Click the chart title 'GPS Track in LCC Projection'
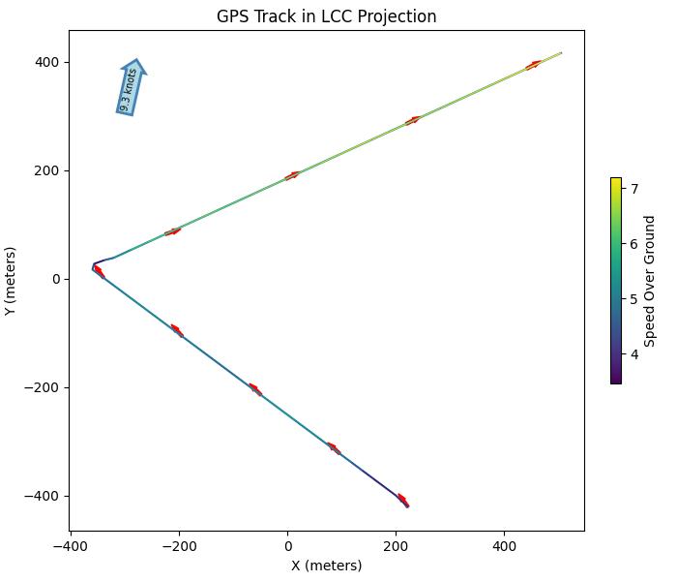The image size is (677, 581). [x=326, y=16]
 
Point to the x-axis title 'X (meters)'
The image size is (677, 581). [x=326, y=566]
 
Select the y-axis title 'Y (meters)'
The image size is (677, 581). [x=11, y=280]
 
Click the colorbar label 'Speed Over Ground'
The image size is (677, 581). [x=650, y=281]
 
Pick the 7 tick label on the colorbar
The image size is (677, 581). [x=634, y=190]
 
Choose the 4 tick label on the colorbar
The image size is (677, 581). [x=634, y=354]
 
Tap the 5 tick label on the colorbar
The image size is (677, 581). [x=634, y=299]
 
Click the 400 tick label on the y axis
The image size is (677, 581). [x=47, y=62]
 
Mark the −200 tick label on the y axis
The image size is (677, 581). [x=44, y=387]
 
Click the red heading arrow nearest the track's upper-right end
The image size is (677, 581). [x=533, y=66]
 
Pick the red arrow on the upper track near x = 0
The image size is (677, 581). [x=292, y=175]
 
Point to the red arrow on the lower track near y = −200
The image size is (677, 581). [x=255, y=389]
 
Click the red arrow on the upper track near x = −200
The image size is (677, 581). [x=173, y=231]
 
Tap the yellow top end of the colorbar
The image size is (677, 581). [x=616, y=180]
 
